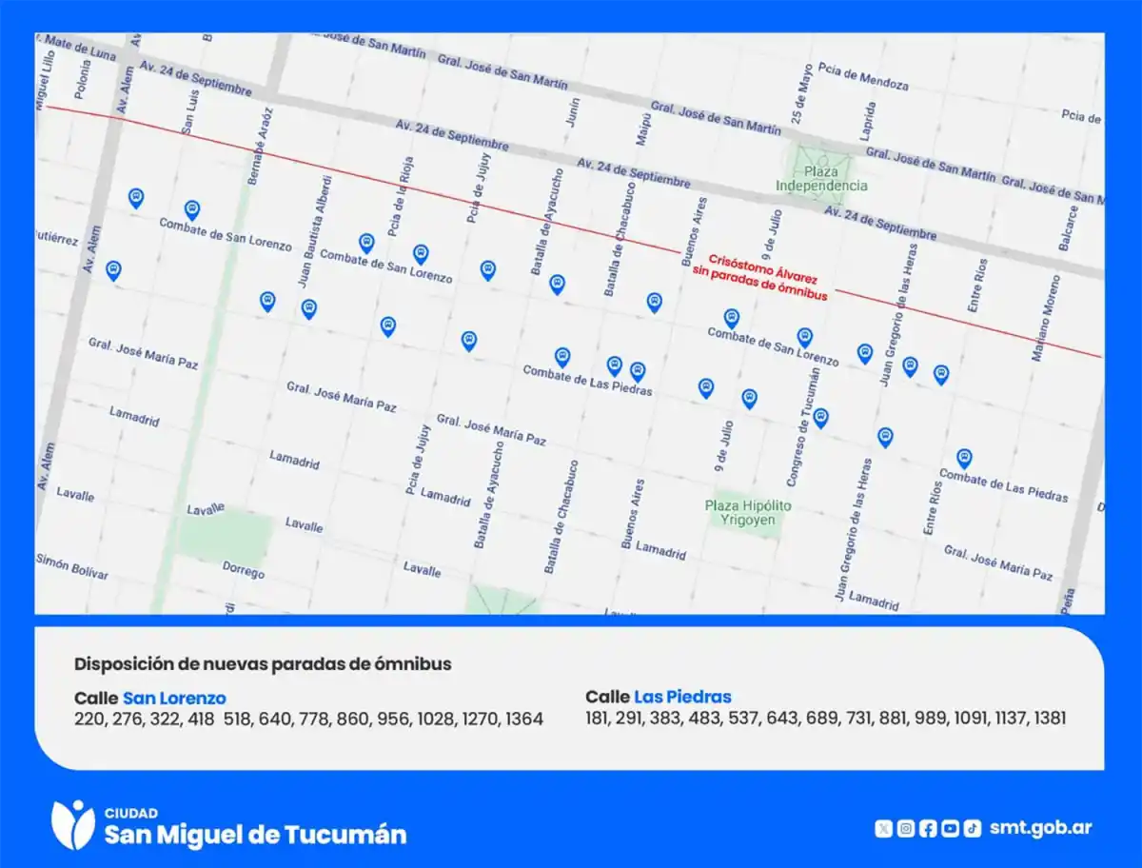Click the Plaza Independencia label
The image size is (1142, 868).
820,179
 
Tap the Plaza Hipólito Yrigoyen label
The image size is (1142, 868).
748,513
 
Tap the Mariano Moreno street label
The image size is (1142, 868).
1045,318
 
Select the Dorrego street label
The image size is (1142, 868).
243,569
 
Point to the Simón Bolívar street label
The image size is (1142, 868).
72,566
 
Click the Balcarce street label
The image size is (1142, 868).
1070,228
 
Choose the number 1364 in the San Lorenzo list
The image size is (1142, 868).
523,719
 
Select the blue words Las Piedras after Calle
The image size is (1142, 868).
682,697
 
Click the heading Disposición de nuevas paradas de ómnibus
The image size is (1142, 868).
263,663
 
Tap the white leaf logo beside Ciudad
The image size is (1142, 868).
72,824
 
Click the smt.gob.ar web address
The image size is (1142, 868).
1040,827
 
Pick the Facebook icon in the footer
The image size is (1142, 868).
928,828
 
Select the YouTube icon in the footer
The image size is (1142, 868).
950,828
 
